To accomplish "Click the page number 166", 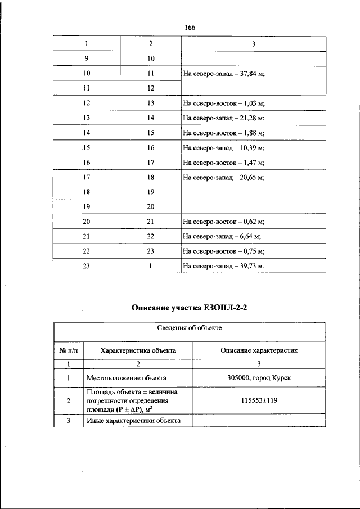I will (188, 27).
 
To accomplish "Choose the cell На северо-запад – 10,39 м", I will (223, 148).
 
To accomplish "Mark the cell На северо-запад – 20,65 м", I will (223, 177).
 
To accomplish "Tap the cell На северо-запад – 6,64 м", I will (220, 237).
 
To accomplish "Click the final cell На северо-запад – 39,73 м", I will (223, 267).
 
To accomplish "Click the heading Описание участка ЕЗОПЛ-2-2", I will (189, 308).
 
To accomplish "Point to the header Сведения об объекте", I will (189, 328).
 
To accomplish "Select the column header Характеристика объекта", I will (138, 350).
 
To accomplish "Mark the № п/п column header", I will (67, 350).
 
